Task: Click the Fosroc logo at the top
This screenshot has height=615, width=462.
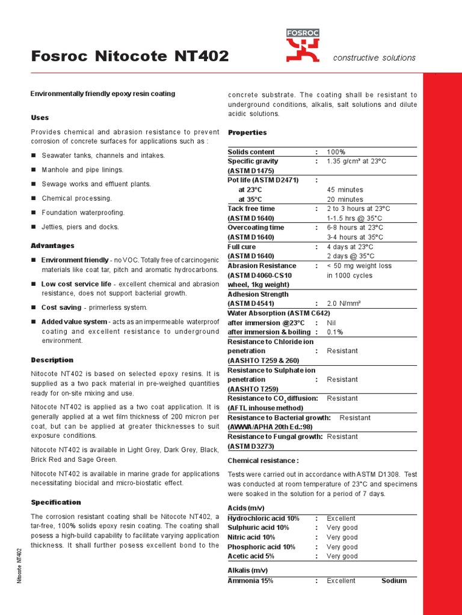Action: (x=303, y=45)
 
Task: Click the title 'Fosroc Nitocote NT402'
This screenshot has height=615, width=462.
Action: (x=129, y=56)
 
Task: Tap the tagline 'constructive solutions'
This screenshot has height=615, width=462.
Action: (x=374, y=58)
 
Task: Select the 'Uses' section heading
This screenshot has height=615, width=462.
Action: (x=40, y=118)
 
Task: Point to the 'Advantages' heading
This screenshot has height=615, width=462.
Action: (x=52, y=246)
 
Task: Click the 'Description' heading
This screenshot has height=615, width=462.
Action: (x=52, y=360)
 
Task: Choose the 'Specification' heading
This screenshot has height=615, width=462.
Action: (x=55, y=502)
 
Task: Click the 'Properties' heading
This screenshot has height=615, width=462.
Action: (x=247, y=132)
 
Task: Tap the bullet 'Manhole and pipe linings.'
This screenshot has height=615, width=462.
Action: (x=82, y=170)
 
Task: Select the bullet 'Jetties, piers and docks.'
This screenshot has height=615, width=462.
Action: (x=80, y=227)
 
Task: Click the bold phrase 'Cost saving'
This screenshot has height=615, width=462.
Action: (x=61, y=307)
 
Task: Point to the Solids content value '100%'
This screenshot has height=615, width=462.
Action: (x=336, y=152)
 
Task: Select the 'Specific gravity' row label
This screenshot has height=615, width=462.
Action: (x=253, y=162)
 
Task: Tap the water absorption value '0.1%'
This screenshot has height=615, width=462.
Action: (x=335, y=332)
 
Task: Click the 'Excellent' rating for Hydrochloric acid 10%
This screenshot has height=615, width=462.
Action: (x=341, y=518)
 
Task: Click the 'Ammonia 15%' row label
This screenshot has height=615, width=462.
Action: (x=250, y=581)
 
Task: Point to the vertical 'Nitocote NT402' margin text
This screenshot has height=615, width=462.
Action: (x=19, y=565)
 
